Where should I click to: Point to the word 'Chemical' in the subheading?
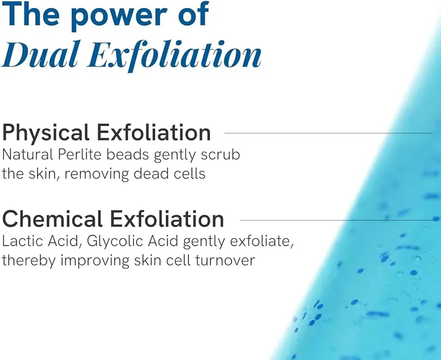pyautogui.click(x=52, y=219)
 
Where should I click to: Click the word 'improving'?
pyautogui.click(x=95, y=261)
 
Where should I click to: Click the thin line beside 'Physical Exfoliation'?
pyautogui.click(x=328, y=133)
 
